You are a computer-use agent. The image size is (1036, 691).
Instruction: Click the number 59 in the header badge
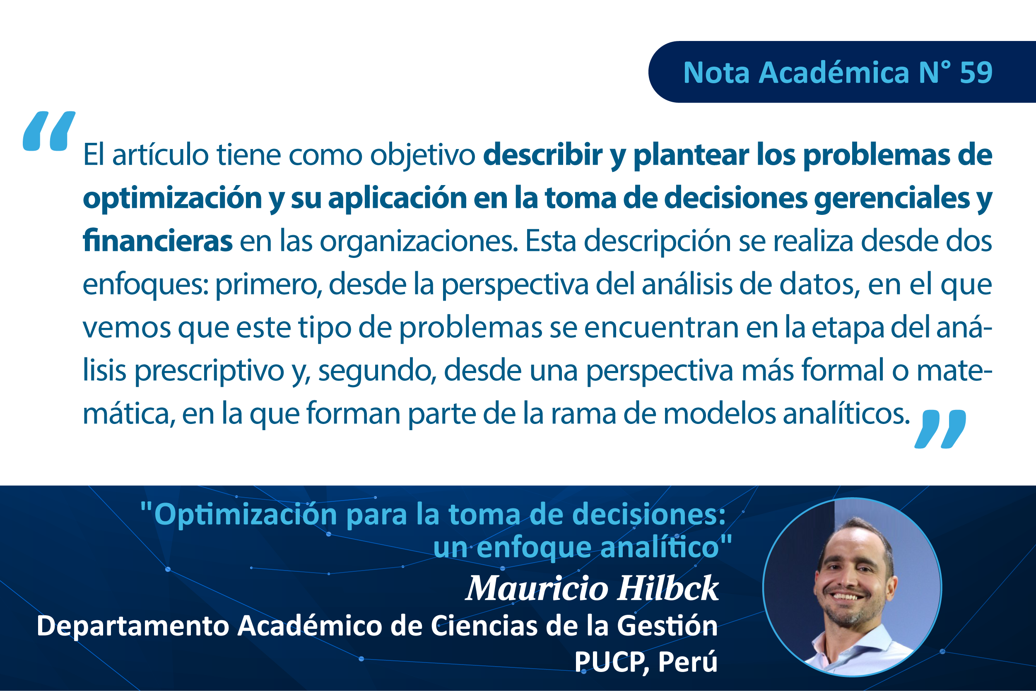click(976, 72)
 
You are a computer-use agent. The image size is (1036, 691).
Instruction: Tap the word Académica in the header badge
click(834, 72)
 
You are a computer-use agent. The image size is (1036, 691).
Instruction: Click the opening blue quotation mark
click(48, 131)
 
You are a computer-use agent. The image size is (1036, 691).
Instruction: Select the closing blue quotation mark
click(940, 429)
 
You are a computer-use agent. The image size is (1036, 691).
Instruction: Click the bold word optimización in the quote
click(172, 198)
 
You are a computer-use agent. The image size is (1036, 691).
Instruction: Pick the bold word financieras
click(157, 241)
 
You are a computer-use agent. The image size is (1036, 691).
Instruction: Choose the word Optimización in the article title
click(246, 514)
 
